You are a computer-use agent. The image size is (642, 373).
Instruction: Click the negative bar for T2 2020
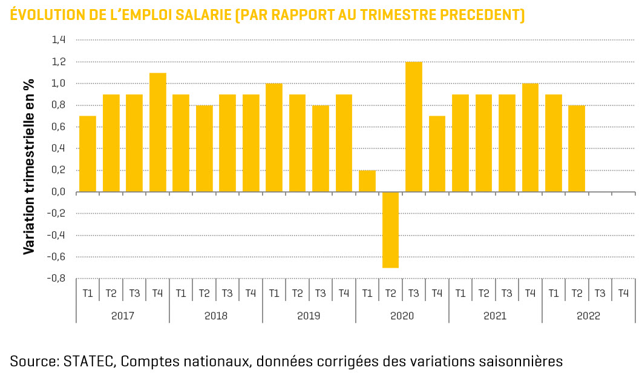[x=390, y=229]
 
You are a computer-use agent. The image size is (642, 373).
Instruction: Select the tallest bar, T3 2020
[x=414, y=127]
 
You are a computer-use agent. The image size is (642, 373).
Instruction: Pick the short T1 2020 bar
[x=367, y=181]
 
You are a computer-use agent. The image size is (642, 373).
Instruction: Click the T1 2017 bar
[x=88, y=154]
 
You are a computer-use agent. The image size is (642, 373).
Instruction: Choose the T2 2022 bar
[x=577, y=148]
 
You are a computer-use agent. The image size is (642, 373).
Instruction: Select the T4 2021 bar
[x=530, y=137]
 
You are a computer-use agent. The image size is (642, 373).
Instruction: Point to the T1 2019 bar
[x=274, y=137]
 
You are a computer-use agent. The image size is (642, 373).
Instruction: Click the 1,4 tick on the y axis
[x=59, y=40]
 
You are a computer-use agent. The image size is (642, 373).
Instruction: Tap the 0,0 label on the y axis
[x=59, y=192]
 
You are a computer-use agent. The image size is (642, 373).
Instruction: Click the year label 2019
[x=309, y=316]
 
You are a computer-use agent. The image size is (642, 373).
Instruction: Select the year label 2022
[x=588, y=316]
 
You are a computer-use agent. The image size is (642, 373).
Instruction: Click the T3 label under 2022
[x=600, y=294]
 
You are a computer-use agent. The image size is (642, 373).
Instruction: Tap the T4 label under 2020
[x=437, y=294]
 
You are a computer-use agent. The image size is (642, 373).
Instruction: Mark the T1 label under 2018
[x=181, y=294]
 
